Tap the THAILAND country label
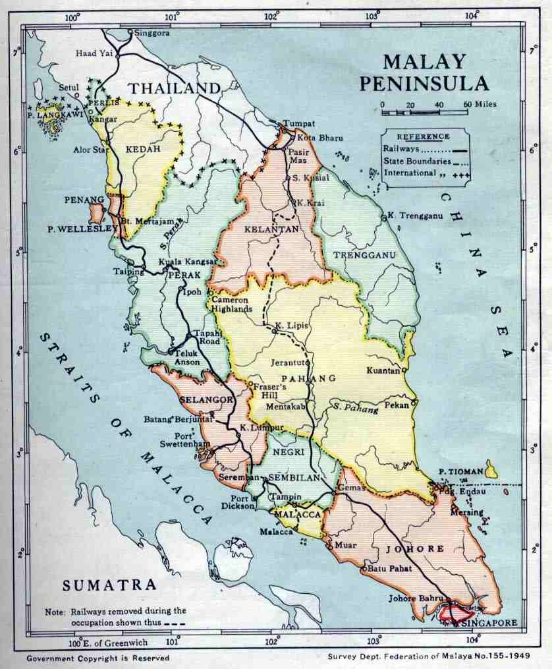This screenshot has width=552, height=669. pyautogui.click(x=174, y=88)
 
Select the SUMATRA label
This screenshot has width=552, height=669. pyautogui.click(x=110, y=585)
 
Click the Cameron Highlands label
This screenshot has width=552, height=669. pyautogui.click(x=231, y=304)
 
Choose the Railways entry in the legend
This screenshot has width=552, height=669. pyautogui.click(x=401, y=150)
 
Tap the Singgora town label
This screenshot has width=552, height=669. pyautogui.click(x=152, y=32)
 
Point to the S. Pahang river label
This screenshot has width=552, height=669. pyautogui.click(x=355, y=408)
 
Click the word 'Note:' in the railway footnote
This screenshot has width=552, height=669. pyautogui.click(x=55, y=611)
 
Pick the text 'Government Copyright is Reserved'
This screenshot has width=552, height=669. pyautogui.click(x=98, y=658)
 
